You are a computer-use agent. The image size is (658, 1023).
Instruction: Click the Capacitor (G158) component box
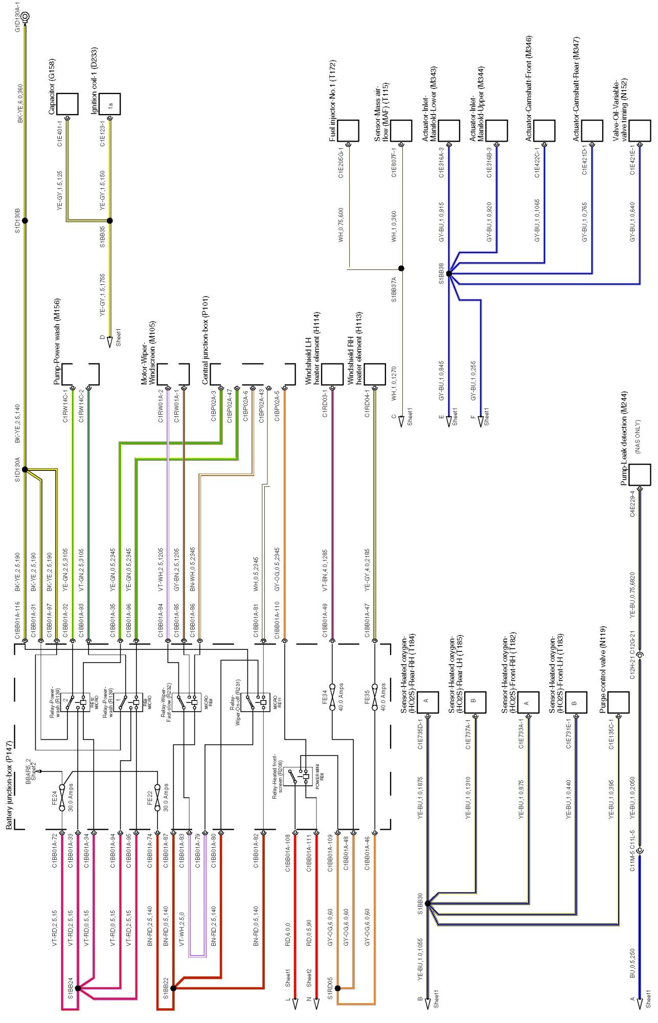click(67, 104)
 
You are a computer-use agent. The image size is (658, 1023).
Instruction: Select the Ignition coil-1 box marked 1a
click(110, 104)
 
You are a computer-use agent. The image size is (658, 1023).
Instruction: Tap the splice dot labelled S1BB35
click(109, 221)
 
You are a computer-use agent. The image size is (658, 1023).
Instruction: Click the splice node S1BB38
click(449, 274)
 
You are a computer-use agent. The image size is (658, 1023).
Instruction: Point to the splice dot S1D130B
click(25, 221)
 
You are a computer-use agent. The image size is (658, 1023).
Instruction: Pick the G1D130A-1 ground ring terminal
click(25, 16)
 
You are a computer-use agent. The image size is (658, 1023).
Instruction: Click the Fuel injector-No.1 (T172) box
click(348, 131)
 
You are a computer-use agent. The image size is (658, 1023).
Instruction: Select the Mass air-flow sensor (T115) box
click(401, 131)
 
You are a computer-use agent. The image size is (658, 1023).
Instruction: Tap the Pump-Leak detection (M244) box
click(639, 474)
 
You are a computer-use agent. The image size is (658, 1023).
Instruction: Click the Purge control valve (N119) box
click(618, 703)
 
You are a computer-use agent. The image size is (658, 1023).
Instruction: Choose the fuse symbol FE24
click(62, 798)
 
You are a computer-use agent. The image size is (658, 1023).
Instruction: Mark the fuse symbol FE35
click(375, 697)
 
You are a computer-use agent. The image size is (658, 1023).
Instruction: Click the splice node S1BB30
click(427, 904)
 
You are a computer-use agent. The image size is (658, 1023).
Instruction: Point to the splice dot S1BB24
click(78, 988)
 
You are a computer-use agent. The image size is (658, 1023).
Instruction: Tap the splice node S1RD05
click(337, 988)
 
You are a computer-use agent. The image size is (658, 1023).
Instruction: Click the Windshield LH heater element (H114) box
click(332, 374)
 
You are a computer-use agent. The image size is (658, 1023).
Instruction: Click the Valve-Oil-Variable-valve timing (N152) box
click(640, 131)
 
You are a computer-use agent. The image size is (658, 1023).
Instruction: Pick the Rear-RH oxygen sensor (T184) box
click(427, 703)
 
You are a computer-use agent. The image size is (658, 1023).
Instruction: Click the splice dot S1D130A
click(25, 469)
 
